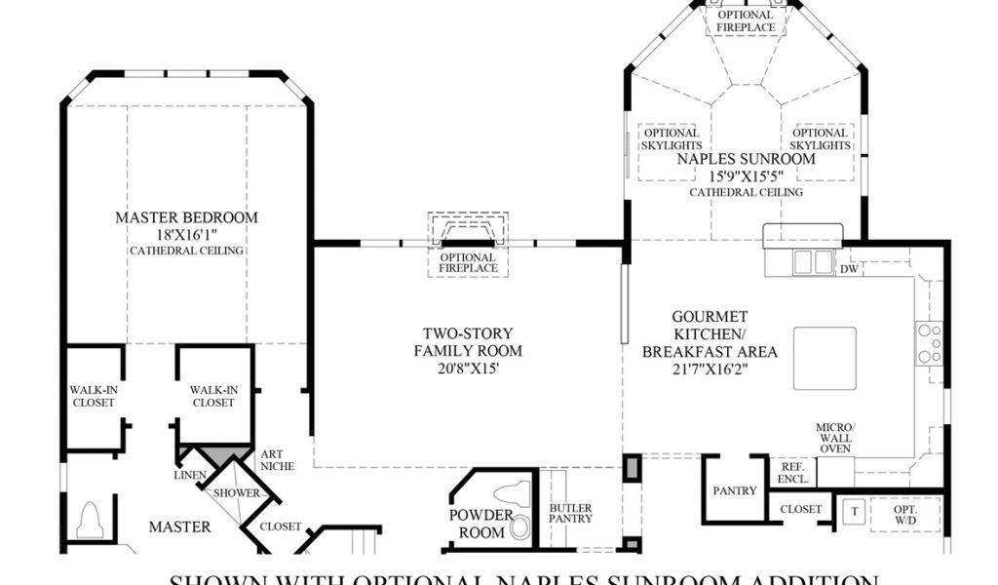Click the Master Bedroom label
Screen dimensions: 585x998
[x=186, y=217]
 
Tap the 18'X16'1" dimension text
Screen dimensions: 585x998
[x=186, y=235]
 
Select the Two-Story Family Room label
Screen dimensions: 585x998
[x=468, y=341]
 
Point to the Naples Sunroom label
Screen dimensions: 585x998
[x=746, y=159]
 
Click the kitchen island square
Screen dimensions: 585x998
[x=825, y=358]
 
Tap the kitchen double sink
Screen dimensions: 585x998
[x=814, y=262]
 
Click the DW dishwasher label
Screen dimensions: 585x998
[x=849, y=269]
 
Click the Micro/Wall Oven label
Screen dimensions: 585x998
[x=836, y=438]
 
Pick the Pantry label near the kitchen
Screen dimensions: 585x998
[x=735, y=491]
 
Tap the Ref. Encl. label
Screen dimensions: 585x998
[x=792, y=473]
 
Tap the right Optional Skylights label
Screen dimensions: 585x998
[x=821, y=139]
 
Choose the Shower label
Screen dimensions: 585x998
[x=238, y=493]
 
